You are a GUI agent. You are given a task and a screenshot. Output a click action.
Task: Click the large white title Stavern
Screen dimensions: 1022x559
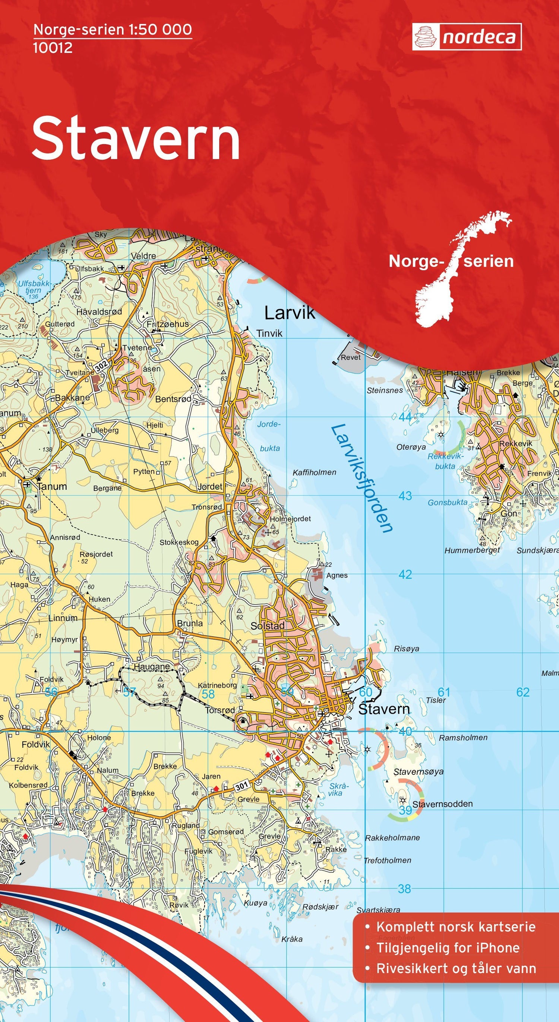pyautogui.click(x=136, y=138)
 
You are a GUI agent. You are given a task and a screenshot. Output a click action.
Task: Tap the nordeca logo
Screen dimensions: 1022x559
pyautogui.click(x=467, y=37)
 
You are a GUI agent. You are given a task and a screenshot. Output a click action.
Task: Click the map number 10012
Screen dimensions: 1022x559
pyautogui.click(x=53, y=48)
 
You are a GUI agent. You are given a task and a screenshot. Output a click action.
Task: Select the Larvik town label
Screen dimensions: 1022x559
pyautogui.click(x=290, y=313)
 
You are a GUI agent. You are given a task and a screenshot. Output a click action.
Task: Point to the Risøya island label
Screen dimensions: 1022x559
pyautogui.click(x=406, y=649)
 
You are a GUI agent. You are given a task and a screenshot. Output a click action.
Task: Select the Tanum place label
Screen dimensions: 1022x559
pyautogui.click(x=52, y=486)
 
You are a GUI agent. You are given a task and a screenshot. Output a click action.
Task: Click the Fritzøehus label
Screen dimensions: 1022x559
pyautogui.click(x=168, y=324)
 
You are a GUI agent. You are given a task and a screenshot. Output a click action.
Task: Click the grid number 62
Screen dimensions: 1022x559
pyautogui.click(x=523, y=692)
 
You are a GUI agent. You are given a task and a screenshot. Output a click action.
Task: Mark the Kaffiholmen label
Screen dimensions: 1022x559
pyautogui.click(x=314, y=472)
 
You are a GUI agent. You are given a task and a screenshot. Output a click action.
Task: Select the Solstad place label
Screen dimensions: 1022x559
pyautogui.click(x=268, y=625)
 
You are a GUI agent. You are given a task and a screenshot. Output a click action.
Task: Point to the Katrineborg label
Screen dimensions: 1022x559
pyautogui.click(x=217, y=685)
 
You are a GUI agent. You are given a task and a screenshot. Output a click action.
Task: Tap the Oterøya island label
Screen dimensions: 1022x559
pyautogui.click(x=411, y=447)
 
